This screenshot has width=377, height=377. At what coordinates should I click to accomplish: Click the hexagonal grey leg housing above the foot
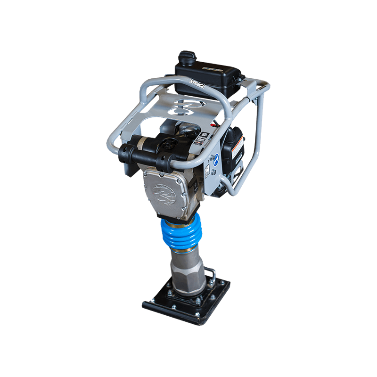coord(186,276)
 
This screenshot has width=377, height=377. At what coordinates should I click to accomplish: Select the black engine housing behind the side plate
coord(231,151)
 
